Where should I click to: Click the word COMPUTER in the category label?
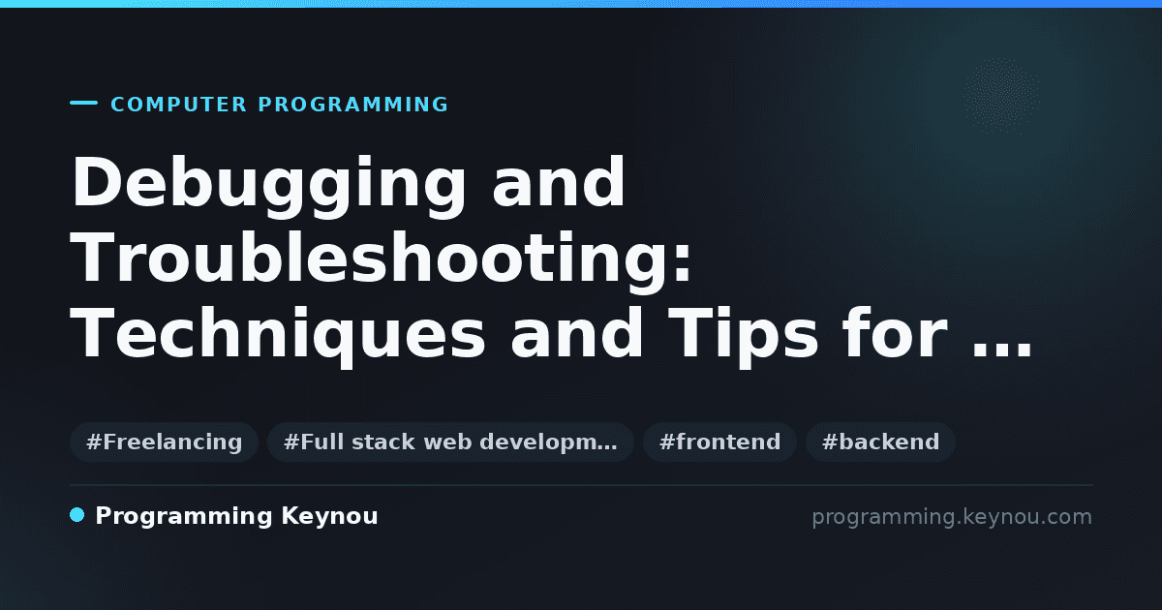point(178,105)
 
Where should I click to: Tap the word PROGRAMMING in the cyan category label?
point(352,105)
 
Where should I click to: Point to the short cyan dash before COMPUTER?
point(83,103)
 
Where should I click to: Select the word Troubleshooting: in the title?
point(381,262)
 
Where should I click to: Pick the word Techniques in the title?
point(278,337)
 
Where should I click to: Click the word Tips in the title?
point(743,337)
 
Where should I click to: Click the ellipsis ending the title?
point(1001,351)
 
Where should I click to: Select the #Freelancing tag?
point(165,442)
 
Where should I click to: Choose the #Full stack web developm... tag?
point(451,442)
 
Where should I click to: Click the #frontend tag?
point(720,442)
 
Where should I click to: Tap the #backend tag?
point(881,442)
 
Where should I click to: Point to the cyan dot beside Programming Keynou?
point(77,515)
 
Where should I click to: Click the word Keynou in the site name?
point(329,517)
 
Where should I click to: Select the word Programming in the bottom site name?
point(184,517)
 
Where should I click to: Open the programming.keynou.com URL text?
point(952,517)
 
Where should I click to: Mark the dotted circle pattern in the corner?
point(1001,95)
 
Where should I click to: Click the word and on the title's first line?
point(559,183)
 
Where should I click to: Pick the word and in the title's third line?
point(577,332)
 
